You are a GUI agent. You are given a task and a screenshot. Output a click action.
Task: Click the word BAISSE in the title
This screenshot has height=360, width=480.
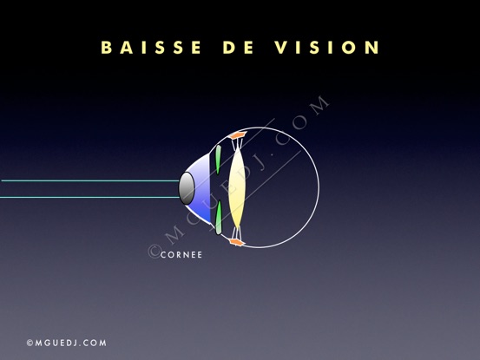(x=151, y=48)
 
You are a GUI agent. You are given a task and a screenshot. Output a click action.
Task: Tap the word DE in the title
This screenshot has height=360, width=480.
(x=238, y=48)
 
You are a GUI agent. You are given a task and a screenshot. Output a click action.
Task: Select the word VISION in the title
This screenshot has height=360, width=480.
(x=327, y=48)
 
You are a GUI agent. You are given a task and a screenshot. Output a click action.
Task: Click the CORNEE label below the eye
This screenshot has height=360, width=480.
(x=181, y=255)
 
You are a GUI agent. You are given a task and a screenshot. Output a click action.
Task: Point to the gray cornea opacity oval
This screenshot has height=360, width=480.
(x=187, y=188)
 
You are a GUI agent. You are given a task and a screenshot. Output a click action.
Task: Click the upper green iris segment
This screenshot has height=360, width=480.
(x=218, y=160)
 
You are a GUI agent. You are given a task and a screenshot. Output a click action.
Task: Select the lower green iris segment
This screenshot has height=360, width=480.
(x=219, y=218)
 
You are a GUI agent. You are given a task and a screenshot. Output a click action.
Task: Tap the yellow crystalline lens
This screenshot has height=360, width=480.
(x=237, y=187)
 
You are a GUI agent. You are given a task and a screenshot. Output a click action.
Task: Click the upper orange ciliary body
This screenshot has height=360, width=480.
(x=238, y=134)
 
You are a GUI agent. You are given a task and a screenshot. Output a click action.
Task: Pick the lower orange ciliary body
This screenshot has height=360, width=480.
(x=237, y=243)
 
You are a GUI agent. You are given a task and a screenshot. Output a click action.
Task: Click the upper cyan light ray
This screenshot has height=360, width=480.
(x=90, y=180)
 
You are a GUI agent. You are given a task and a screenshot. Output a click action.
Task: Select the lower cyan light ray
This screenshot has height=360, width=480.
(x=89, y=197)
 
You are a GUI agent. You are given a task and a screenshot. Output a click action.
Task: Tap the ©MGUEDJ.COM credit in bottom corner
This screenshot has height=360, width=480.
(x=67, y=343)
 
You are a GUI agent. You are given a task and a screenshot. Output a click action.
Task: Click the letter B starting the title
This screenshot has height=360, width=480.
(x=106, y=48)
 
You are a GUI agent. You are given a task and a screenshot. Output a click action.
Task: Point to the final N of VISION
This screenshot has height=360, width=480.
(x=372, y=48)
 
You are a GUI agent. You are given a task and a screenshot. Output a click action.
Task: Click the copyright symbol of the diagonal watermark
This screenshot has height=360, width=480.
(x=155, y=251)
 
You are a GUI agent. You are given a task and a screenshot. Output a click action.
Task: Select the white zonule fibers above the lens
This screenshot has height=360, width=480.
(x=238, y=143)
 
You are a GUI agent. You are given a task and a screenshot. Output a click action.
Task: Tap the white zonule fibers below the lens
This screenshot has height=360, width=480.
(x=237, y=233)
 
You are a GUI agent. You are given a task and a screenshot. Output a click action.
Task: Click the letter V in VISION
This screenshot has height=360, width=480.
(x=281, y=48)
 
